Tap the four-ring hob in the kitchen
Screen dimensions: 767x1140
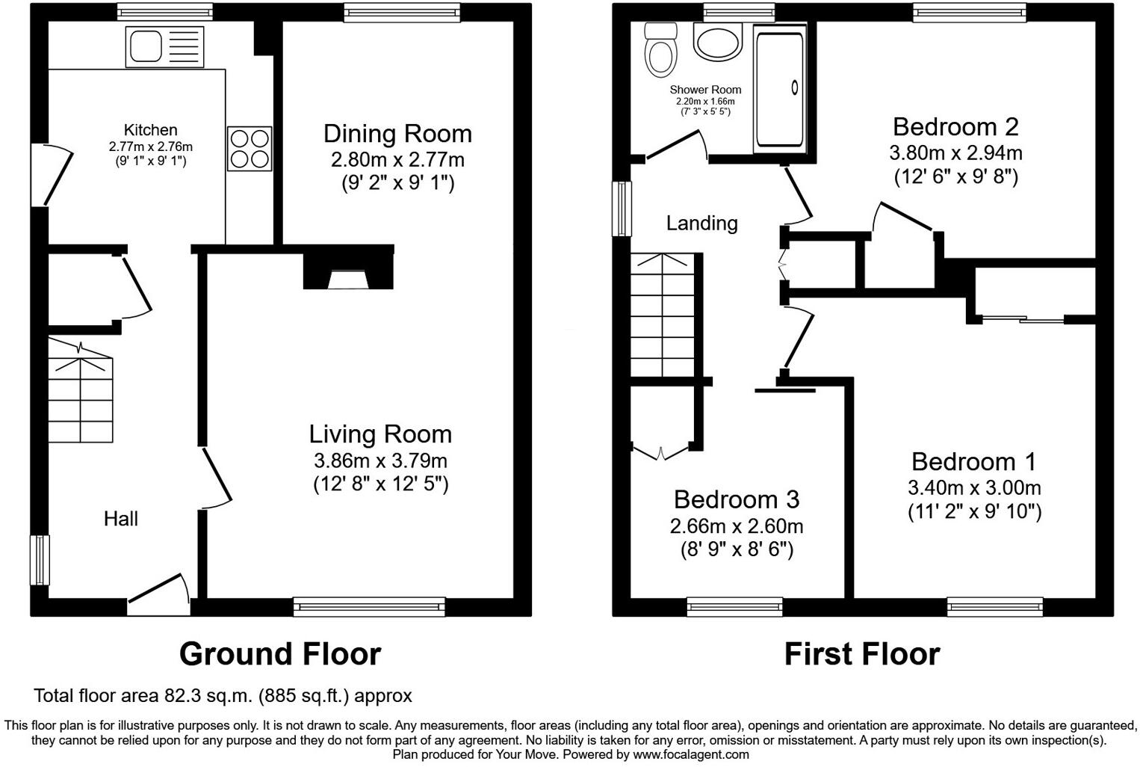click(250, 149)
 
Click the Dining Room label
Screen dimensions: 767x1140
click(397, 134)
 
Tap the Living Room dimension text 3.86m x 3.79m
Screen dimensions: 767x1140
click(380, 460)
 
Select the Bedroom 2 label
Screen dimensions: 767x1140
click(955, 126)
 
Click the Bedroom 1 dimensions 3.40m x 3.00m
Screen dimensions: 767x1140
click(974, 488)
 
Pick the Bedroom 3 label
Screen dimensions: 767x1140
click(736, 499)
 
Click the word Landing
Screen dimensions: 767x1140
click(701, 223)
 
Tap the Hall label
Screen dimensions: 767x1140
click(120, 519)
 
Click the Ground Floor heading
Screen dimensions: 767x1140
click(280, 654)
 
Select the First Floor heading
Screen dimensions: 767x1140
click(861, 654)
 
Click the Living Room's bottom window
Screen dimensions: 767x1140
click(369, 606)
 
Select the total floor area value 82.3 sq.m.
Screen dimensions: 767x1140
click(209, 696)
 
